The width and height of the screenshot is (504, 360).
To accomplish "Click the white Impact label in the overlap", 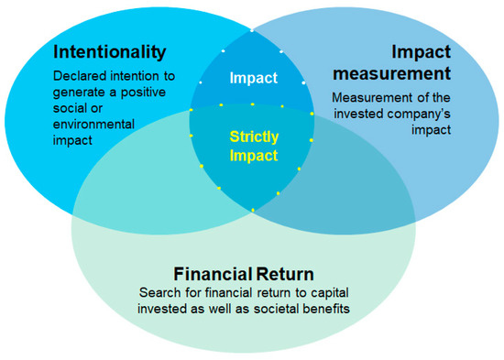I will click(x=253, y=79).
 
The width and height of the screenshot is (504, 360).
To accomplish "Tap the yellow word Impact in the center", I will click(x=253, y=156).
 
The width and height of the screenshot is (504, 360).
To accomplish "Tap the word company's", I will click(x=419, y=113).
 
